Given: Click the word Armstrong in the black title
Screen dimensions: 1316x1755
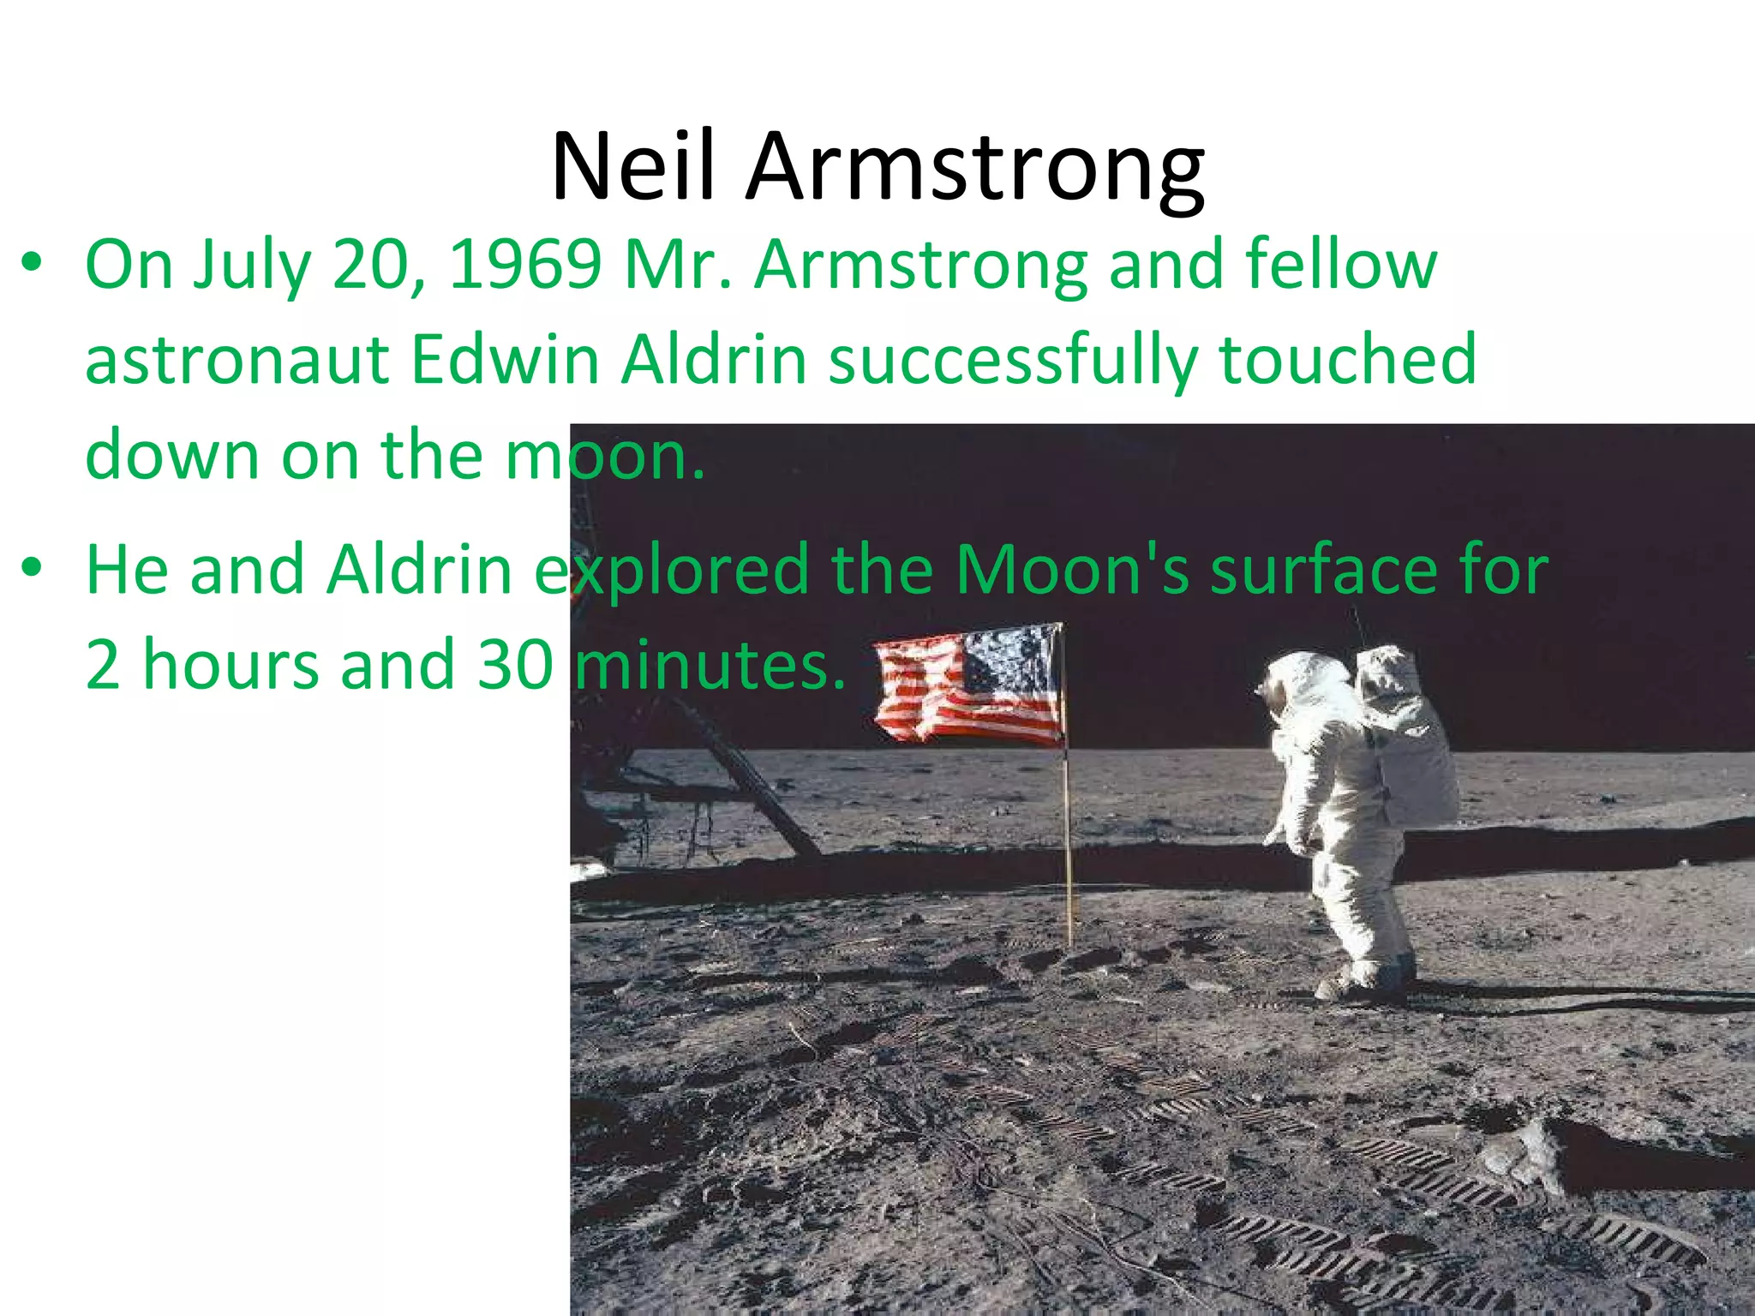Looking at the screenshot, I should coord(975,167).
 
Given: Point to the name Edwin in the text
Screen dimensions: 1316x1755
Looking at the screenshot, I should coord(505,360).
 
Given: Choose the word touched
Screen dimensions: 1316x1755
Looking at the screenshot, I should coord(1348,360).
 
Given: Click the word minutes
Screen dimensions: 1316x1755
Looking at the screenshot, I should coord(710,664).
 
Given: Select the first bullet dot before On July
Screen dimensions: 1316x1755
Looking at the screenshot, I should coord(32,262).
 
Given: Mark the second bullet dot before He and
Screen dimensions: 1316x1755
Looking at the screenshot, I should coord(32,567).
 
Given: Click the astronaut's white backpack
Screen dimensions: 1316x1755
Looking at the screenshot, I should coord(1405,737).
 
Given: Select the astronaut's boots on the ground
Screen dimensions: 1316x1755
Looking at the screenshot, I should coord(1363,977).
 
